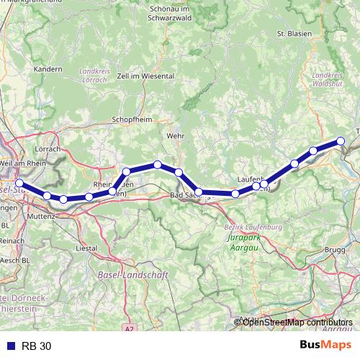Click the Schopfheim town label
click(130, 120)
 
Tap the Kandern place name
click(48, 70)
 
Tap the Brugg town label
click(336, 249)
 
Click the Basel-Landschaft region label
click(132, 274)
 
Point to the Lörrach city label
click(48, 149)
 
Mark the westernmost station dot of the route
click(19, 184)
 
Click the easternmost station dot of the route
click(342, 142)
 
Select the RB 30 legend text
click(36, 346)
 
